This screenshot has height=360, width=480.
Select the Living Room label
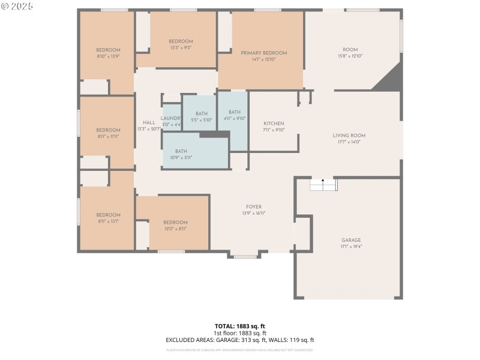click(x=349, y=136)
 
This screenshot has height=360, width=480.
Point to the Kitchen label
click(x=274, y=124)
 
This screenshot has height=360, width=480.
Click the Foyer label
click(x=254, y=207)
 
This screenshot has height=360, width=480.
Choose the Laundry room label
click(x=171, y=119)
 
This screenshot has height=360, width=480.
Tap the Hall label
click(x=149, y=123)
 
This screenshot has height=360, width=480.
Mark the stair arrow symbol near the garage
click(x=323, y=180)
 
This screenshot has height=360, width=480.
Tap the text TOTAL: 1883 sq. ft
click(x=240, y=326)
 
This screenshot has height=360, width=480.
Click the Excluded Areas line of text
click(x=240, y=340)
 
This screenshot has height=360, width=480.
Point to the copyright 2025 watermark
click(x=17, y=5)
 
